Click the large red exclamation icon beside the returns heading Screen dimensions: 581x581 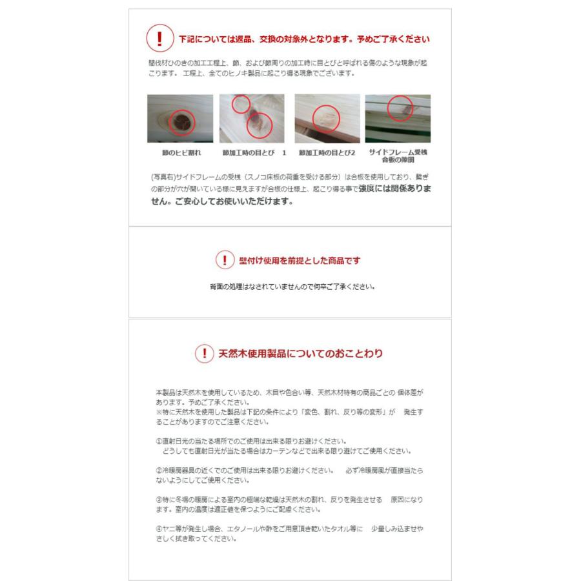coord(160,38)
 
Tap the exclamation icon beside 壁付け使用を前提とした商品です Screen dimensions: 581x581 coord(225,260)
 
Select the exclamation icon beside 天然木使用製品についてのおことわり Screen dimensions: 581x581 coord(205,353)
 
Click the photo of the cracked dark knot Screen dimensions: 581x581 coord(180,119)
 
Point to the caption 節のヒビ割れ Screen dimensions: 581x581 coord(181,152)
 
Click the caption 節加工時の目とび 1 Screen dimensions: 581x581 coord(254,152)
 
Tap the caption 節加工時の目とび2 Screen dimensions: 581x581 coord(327,152)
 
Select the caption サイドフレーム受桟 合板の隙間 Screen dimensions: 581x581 coord(398,156)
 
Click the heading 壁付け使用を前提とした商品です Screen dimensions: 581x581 coord(300,261)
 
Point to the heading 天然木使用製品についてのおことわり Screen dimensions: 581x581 coord(300,354)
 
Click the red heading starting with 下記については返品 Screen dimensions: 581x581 coord(304,39)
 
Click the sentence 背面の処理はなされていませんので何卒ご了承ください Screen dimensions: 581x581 coord(292,287)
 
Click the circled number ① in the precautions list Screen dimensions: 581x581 coord(159,442)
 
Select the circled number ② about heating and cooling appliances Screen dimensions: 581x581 coord(159,471)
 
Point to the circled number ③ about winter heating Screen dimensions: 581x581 coord(159,500)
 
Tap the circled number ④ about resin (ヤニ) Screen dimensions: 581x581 coord(159,529)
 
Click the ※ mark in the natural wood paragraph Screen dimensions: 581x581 coord(159,412)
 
